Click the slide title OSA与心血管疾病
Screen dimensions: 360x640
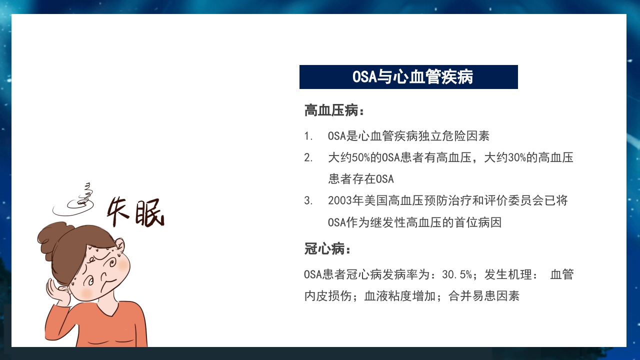408,77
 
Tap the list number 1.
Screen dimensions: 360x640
308,136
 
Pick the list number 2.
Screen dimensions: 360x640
308,158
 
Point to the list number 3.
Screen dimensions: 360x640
308,201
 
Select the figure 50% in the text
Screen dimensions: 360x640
361,158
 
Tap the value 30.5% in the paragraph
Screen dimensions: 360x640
457,274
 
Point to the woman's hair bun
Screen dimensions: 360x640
53,233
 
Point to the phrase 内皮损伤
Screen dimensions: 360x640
328,296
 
